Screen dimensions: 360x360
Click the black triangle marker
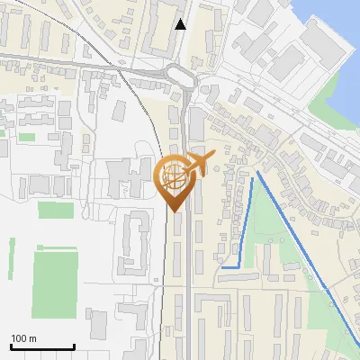[x=181, y=24]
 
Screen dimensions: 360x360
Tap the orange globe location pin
[x=174, y=183]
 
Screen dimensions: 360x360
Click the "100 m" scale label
[x=23, y=338]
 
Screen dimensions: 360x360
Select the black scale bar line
[x=41, y=346]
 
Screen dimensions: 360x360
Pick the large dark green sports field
[x=54, y=283]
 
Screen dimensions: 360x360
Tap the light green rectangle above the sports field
[x=55, y=210]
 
